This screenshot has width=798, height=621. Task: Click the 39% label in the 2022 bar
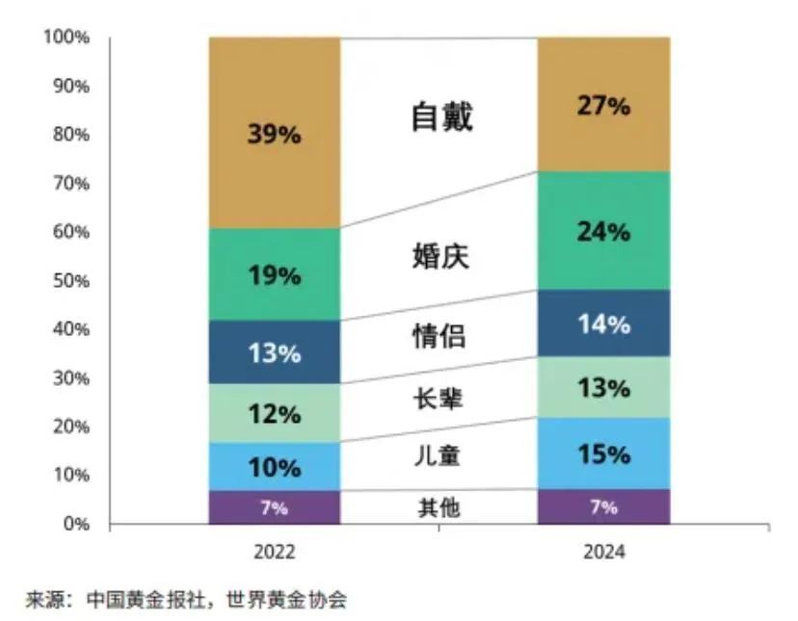274,135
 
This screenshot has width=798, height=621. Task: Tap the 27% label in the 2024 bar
603,106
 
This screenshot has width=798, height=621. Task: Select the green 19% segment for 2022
274,275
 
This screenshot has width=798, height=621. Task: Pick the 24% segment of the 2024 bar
603,231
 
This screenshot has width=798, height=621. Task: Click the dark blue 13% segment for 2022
274,352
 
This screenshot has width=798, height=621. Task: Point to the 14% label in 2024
603,324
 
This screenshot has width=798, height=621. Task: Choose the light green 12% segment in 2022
274,414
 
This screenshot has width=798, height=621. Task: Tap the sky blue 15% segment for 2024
603,453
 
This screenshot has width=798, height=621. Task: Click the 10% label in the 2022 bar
274,469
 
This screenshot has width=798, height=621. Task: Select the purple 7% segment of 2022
274,507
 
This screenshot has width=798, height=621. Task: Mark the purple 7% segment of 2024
603,507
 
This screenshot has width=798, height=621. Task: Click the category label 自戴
441,117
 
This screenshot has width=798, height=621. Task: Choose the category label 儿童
439,454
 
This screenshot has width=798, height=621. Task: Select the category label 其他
439,507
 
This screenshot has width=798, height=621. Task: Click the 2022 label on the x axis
274,554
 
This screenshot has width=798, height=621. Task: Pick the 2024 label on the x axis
603,554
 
